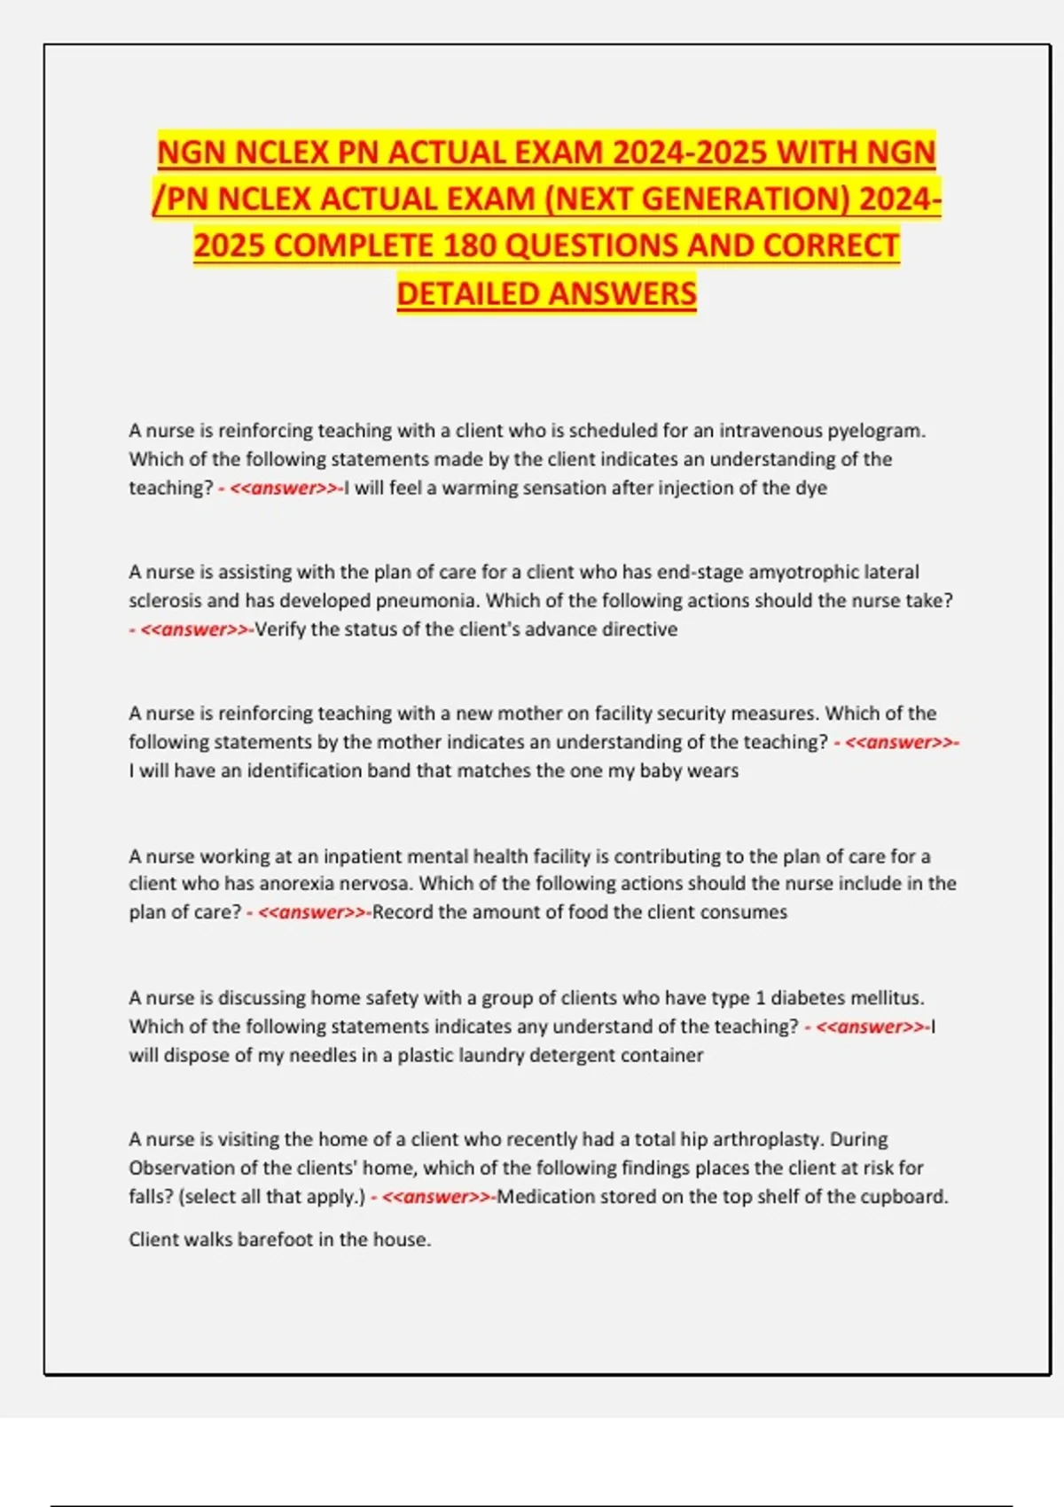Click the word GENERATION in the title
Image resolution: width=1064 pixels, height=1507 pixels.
tap(739, 199)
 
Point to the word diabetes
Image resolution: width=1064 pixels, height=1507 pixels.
tap(807, 998)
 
